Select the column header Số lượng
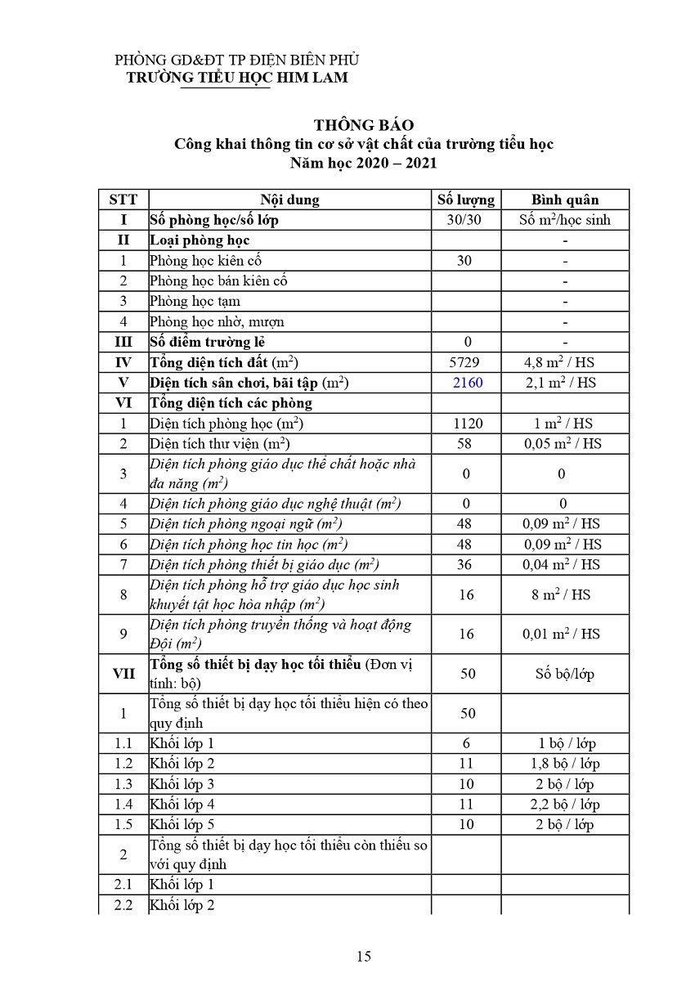coord(466,200)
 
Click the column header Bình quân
coord(565,200)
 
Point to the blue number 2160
coord(466,383)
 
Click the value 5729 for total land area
coord(466,362)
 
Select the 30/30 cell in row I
coord(466,220)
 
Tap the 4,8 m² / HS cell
coord(565,362)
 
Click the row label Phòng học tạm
coord(195,302)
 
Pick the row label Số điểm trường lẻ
coord(207,342)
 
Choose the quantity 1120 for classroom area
coord(466,424)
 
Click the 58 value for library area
coord(466,443)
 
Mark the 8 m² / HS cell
coord(565,594)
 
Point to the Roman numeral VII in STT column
coord(123,674)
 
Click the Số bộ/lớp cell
coord(565,674)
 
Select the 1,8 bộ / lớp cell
coord(565,764)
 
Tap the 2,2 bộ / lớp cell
coord(565,805)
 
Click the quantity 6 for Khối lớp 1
coord(466,743)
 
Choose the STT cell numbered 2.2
coord(123,905)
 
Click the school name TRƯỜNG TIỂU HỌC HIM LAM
coord(236,78)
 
